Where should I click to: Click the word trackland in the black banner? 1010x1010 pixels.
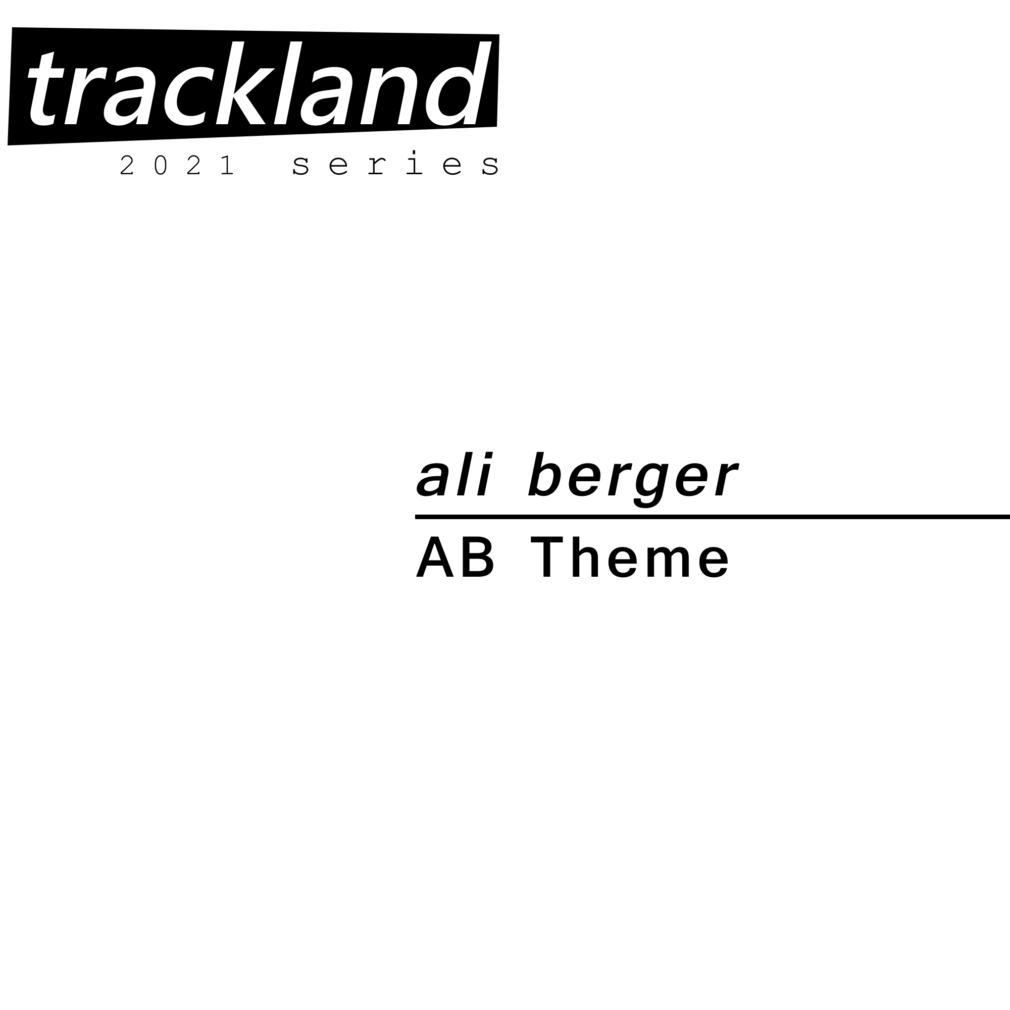click(x=260, y=84)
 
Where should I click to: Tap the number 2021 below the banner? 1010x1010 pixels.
click(x=177, y=165)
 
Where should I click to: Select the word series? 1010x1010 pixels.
click(x=396, y=163)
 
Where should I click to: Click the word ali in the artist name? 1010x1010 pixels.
click(x=454, y=474)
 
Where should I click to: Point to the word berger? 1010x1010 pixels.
click(x=633, y=479)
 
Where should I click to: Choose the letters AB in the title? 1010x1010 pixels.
click(x=455, y=558)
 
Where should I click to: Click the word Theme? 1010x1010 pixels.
click(x=630, y=558)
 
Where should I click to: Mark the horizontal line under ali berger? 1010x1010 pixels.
click(x=713, y=517)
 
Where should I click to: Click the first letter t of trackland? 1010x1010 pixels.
click(x=46, y=89)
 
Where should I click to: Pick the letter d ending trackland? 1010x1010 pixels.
click(x=459, y=84)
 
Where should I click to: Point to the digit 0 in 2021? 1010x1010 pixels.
click(x=161, y=165)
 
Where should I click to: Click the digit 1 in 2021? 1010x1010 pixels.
click(x=227, y=165)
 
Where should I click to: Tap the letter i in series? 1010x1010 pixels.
click(x=414, y=163)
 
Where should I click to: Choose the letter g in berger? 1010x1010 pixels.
click(x=650, y=485)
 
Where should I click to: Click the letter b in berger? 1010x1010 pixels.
click(x=545, y=474)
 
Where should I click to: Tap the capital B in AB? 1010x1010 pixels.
click(x=477, y=558)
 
